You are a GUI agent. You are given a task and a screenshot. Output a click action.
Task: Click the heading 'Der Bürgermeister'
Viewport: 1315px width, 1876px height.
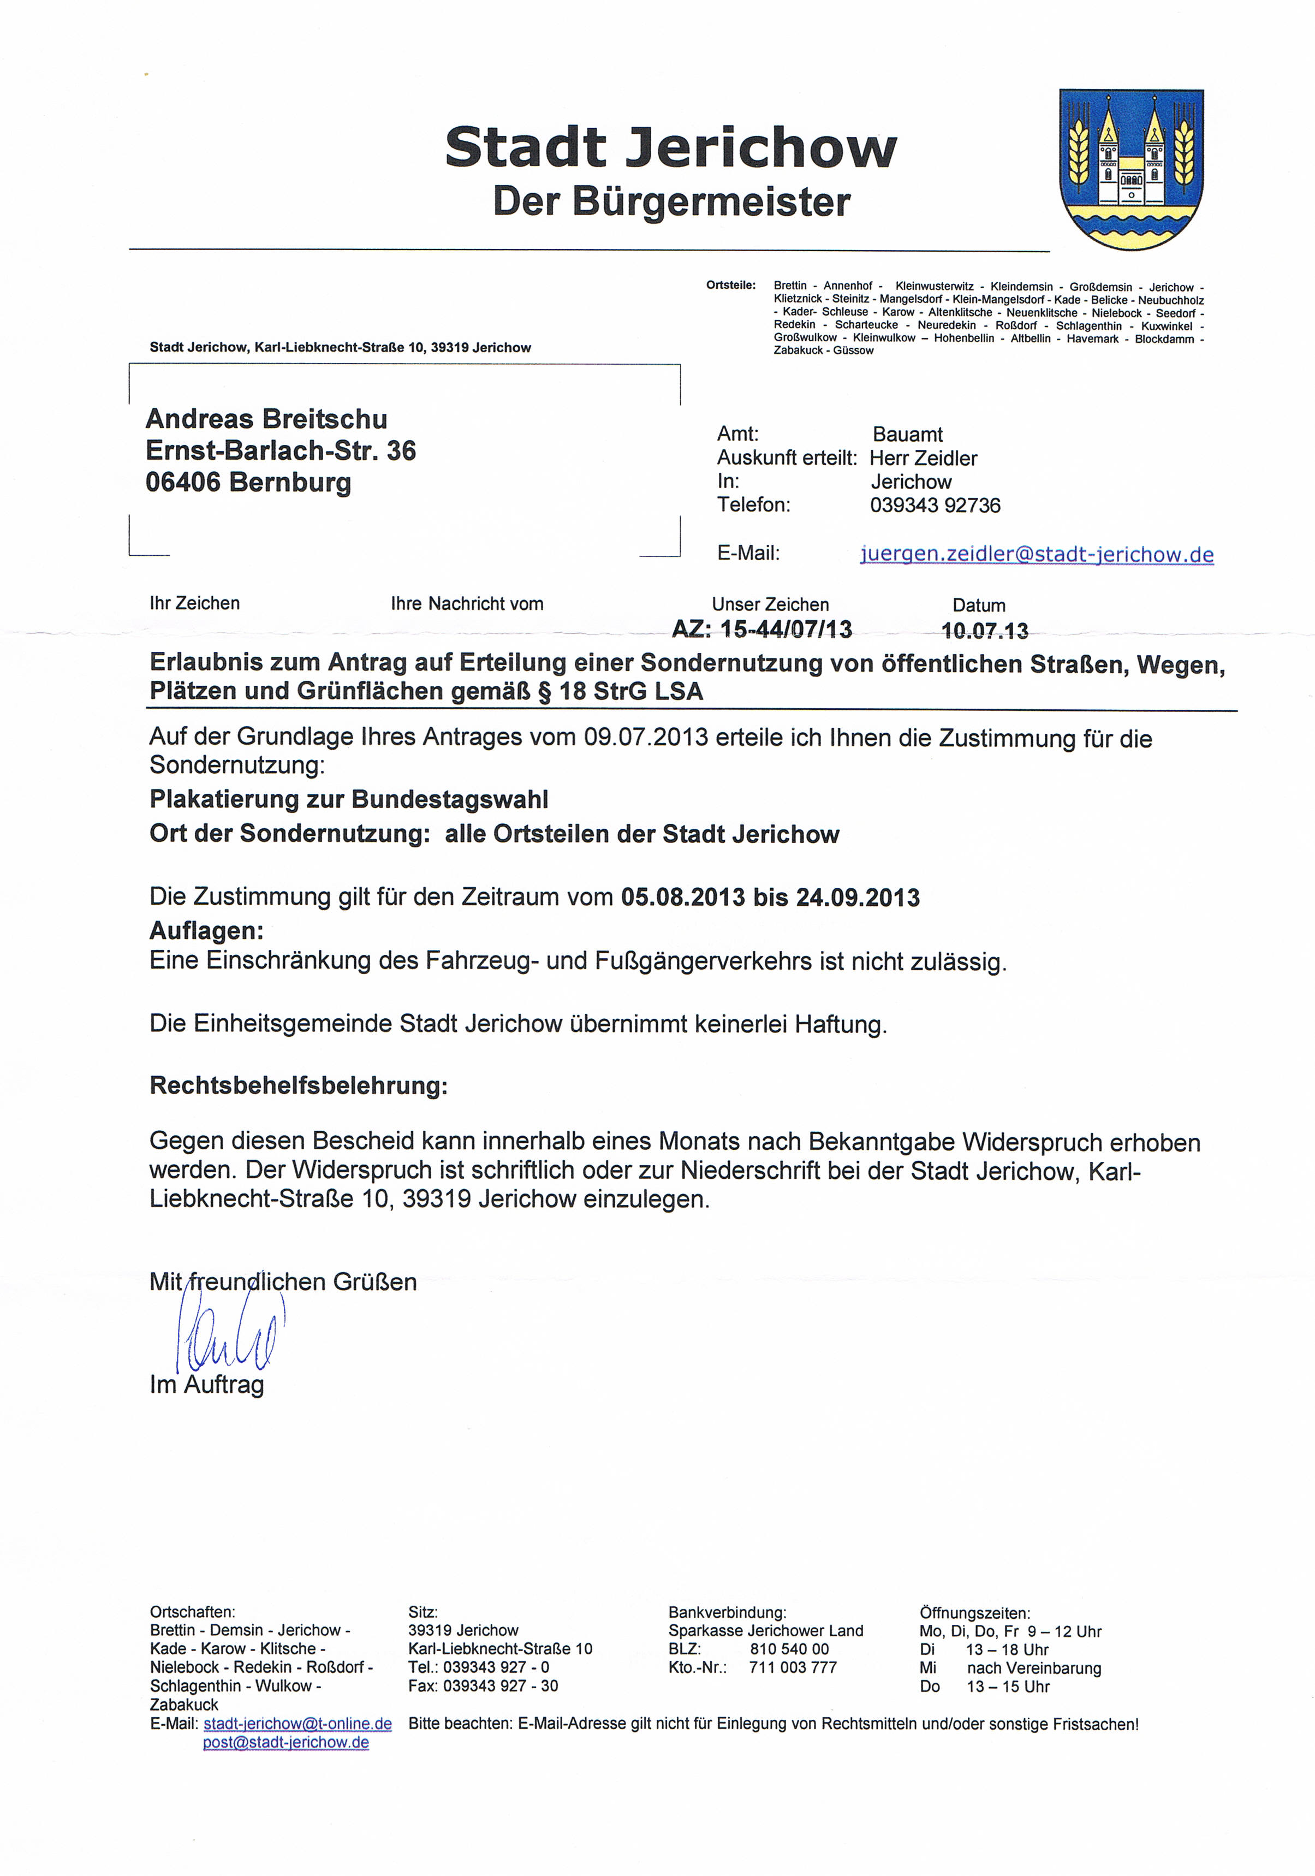671,202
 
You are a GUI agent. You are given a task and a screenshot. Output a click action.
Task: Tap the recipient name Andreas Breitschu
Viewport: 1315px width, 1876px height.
266,419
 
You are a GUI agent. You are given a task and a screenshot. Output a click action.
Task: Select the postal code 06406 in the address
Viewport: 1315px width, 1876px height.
183,482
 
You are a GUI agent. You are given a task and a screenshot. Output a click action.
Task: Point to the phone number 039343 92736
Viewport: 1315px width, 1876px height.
935,505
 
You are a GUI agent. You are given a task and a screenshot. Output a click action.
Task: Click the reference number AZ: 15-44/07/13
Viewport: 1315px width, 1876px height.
761,629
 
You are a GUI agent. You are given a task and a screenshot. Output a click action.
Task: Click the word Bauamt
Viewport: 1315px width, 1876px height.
907,435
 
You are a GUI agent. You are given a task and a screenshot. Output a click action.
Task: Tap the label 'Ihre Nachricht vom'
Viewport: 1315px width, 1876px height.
466,604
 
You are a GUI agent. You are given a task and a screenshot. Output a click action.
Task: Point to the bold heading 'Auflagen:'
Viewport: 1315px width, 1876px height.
207,931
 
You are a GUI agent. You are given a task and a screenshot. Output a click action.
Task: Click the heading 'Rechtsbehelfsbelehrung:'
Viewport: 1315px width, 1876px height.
299,1086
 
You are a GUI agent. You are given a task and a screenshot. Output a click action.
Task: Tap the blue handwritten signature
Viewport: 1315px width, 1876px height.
229,1338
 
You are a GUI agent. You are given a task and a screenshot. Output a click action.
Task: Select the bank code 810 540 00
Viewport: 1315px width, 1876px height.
789,1649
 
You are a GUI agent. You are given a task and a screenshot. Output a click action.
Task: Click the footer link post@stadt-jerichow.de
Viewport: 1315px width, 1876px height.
286,1742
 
